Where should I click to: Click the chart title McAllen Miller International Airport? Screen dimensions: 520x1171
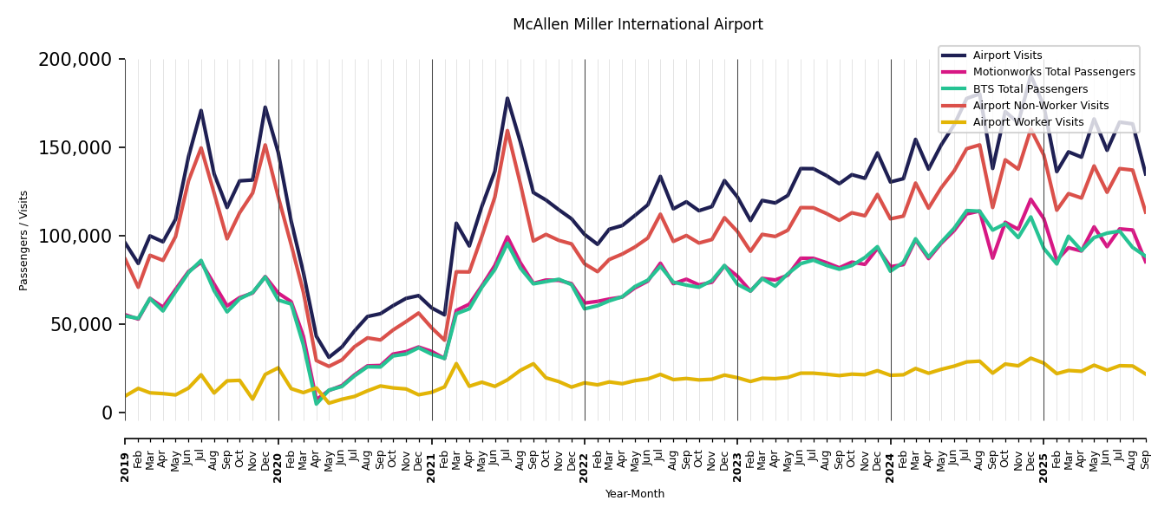pos(638,25)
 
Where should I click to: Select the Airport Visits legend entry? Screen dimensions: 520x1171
pos(1007,55)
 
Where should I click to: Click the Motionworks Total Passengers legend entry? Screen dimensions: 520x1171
pos(1053,73)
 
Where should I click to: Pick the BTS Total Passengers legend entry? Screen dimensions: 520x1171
pos(1030,89)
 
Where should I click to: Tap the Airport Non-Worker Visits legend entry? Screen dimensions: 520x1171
pos(1040,106)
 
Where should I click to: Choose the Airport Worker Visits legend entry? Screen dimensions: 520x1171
pos(1028,122)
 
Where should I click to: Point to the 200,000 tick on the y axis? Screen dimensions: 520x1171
pos(75,60)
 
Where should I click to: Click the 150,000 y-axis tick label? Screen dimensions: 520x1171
pos(75,148)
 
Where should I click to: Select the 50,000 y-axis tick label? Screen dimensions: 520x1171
pos(80,324)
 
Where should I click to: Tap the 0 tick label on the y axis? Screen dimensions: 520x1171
pos(108,413)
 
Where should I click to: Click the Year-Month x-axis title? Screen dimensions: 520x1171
pos(635,494)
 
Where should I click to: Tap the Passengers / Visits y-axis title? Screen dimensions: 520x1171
pos(24,240)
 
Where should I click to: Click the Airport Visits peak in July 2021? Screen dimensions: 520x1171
pos(507,98)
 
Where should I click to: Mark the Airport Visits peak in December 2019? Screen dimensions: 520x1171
pos(265,107)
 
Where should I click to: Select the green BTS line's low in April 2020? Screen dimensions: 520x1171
pos(317,404)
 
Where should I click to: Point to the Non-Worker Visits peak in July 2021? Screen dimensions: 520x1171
pos(507,131)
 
